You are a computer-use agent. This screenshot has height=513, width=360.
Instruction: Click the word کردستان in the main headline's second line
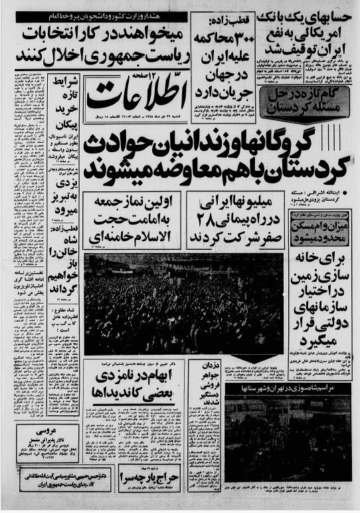tap(312, 167)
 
